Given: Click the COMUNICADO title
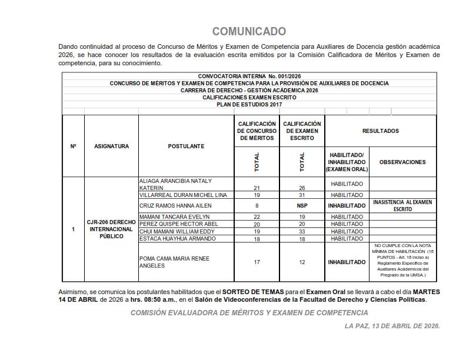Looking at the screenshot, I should click(249, 31).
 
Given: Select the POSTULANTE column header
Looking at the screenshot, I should click(186, 146).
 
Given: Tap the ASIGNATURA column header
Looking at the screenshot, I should click(111, 146).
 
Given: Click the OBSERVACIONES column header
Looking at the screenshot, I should click(402, 162).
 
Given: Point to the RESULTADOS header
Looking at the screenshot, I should click(380, 131).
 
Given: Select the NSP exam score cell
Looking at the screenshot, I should click(302, 206).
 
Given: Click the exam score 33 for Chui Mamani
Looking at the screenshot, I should click(302, 231).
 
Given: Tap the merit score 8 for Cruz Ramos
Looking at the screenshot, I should click(257, 206).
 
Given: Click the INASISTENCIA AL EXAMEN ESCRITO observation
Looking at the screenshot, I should click(402, 205).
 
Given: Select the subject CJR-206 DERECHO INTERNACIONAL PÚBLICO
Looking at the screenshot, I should click(111, 229).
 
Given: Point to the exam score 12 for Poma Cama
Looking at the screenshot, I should click(302, 262).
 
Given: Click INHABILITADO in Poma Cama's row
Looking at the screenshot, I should click(347, 262).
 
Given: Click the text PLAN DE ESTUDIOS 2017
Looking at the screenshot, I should click(249, 105).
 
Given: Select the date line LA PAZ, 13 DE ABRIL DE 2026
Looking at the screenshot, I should click(392, 325).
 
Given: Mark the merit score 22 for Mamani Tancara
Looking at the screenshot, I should click(257, 217).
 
